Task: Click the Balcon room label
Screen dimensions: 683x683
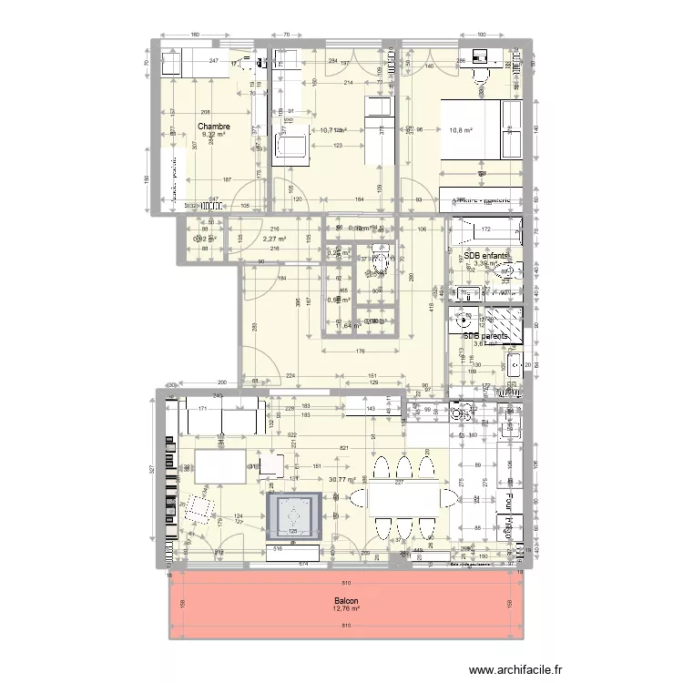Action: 345,601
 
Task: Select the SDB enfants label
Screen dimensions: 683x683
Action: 485,256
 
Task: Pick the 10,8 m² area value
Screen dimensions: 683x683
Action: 461,130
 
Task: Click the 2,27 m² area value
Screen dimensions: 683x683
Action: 274,240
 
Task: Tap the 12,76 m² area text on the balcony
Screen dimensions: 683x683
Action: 345,610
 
